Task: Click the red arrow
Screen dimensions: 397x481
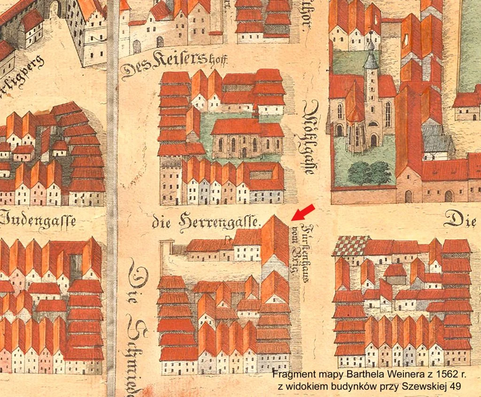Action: pyautogui.click(x=303, y=212)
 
